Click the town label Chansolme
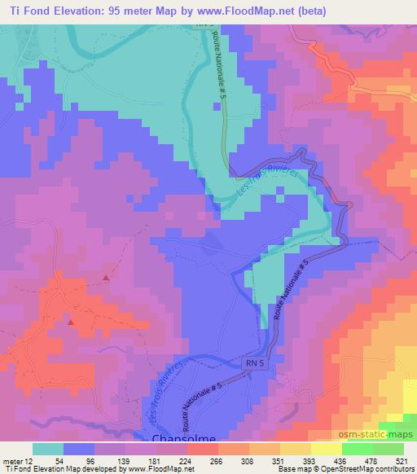click(x=184, y=439)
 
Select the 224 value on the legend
click(x=186, y=462)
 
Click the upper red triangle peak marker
click(x=107, y=279)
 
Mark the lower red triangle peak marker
click(x=71, y=323)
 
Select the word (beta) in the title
click(x=392, y=11)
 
